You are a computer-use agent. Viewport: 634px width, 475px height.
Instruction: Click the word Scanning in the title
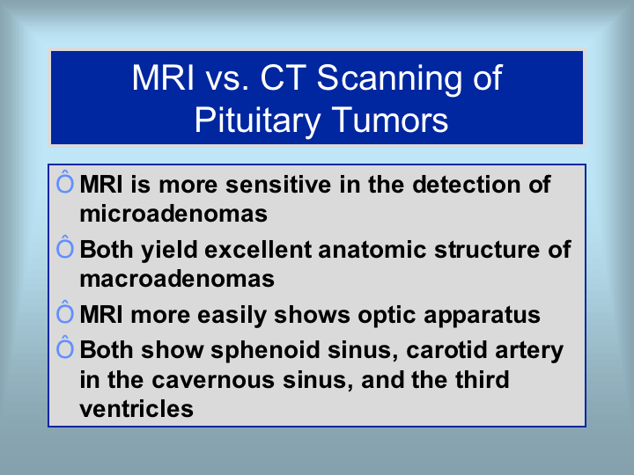(389, 79)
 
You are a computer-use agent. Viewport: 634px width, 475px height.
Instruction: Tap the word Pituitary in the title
(258, 121)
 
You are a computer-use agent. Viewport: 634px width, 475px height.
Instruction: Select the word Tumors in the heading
(390, 120)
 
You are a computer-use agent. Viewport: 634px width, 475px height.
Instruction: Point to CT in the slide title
(283, 77)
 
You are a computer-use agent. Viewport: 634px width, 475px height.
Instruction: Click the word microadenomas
(173, 213)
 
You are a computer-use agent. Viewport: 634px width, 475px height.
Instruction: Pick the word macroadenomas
(177, 279)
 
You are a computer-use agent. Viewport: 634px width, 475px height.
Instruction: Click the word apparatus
(482, 316)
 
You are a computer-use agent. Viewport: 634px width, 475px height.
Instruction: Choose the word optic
(387, 316)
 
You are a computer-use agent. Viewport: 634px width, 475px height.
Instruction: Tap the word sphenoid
(266, 350)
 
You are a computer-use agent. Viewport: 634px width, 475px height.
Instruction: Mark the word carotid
(447, 350)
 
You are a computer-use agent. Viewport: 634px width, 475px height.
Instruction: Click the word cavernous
(213, 380)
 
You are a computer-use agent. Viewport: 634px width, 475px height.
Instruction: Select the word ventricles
(136, 409)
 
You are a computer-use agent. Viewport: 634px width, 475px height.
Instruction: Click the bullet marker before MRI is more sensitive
(65, 182)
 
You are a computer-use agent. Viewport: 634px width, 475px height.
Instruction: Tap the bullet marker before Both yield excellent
(65, 247)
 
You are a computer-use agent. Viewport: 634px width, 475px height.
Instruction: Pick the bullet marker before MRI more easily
(65, 312)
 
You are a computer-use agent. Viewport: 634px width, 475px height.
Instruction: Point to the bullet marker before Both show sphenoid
(65, 347)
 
